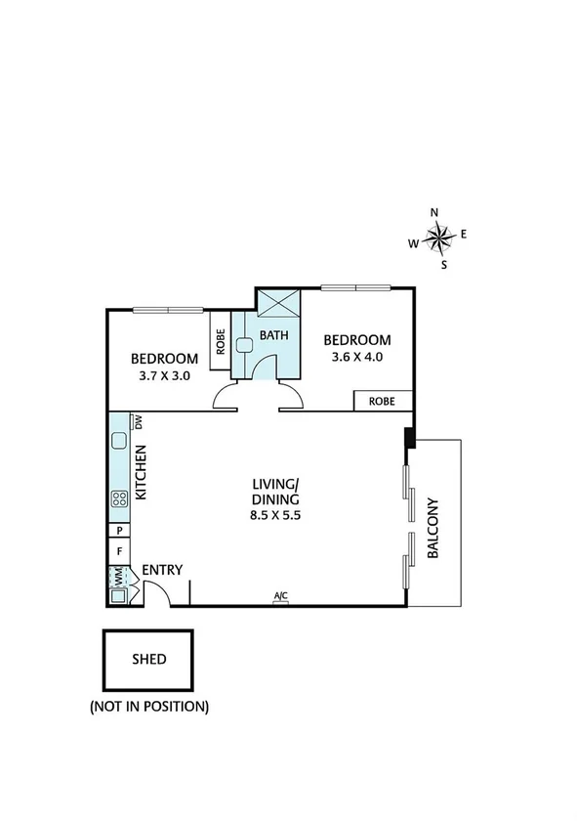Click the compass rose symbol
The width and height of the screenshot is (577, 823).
pos(438,236)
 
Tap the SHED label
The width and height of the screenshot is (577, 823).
pos(149,659)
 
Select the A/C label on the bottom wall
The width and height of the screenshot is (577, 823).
pos(281,597)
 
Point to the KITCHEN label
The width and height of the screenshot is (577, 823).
pos(141,473)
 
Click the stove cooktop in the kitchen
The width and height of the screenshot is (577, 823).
pos(120,498)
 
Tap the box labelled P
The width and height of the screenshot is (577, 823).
pos(119,530)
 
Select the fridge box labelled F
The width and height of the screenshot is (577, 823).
pos(119,551)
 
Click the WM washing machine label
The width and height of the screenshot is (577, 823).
pos(119,579)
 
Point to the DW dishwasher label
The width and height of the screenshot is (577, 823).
pos(140,422)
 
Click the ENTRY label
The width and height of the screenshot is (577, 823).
pos(162,571)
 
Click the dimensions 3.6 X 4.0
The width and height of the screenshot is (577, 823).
pos(357,357)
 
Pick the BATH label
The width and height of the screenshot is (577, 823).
pos(274,335)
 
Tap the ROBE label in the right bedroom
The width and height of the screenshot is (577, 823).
pos(382,401)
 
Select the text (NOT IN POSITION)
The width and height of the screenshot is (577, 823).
pos(149,705)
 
